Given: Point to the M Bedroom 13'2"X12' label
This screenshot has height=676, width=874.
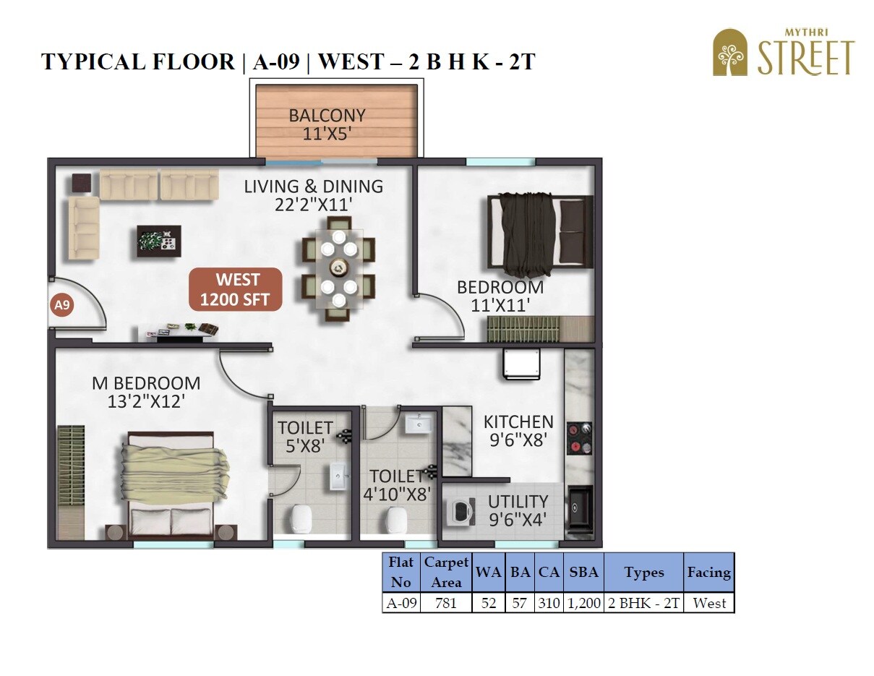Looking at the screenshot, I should [x=146, y=392].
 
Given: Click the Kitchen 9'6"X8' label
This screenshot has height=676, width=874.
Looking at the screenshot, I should [x=518, y=430].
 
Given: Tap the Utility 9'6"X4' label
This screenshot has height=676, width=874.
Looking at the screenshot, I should [x=517, y=510].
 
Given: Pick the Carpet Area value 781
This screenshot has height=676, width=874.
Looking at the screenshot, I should [x=446, y=603].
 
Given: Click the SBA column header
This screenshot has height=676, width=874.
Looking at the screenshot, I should [x=583, y=572].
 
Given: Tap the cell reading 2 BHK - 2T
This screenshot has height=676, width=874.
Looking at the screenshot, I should [x=643, y=603].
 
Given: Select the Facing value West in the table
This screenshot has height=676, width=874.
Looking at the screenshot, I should [x=709, y=603].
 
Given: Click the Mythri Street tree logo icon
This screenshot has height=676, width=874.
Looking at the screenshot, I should [x=730, y=53].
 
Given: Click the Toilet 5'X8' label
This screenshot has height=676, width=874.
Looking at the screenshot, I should [x=305, y=437].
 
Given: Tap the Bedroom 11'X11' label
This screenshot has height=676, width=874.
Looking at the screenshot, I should [x=500, y=296].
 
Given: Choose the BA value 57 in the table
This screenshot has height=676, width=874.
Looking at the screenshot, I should [x=519, y=603].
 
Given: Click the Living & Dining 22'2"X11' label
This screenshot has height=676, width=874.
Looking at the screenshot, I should [x=313, y=195].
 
